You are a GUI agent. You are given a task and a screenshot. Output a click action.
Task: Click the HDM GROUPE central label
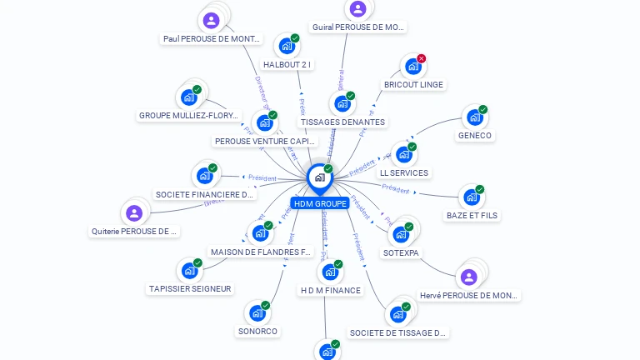(x=319, y=203)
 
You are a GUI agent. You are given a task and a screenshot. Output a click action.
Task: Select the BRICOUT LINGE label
(x=413, y=84)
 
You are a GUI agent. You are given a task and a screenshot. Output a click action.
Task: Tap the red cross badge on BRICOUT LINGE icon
(x=421, y=58)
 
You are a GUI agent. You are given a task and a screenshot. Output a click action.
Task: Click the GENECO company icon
(x=474, y=117)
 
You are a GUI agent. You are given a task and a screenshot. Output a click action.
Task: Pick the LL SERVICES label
(x=403, y=173)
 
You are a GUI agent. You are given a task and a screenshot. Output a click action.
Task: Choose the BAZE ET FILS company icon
(x=472, y=197)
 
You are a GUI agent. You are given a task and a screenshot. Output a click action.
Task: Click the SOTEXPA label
(x=402, y=252)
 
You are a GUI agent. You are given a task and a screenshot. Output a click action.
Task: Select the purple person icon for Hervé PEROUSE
(x=469, y=277)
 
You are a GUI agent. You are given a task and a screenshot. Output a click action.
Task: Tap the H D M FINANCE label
(x=330, y=290)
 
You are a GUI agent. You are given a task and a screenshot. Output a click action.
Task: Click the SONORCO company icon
(x=257, y=313)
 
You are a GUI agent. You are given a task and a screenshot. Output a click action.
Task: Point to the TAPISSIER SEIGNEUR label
(x=190, y=289)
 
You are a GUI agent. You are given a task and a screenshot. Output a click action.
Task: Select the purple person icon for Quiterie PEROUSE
(x=134, y=213)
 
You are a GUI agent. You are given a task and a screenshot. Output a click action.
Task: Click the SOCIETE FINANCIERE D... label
(x=205, y=195)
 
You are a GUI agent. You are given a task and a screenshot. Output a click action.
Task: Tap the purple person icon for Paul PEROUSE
(x=212, y=20)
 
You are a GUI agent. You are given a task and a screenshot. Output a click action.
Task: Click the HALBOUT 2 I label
(x=287, y=64)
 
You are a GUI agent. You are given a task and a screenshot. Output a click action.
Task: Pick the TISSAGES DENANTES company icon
(x=342, y=104)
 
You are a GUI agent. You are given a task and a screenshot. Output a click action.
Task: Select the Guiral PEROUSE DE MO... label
(x=357, y=27)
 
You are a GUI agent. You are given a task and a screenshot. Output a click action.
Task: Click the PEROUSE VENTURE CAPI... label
(x=266, y=142)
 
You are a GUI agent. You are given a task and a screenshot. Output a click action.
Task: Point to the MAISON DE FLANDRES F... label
(x=261, y=252)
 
